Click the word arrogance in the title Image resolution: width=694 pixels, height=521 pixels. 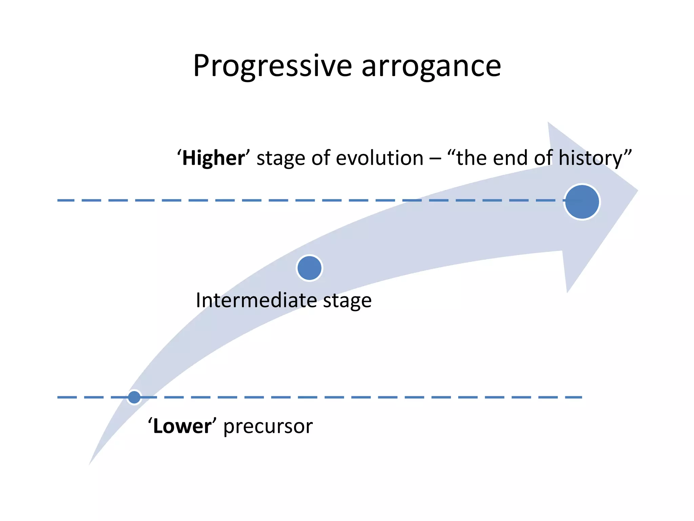coord(431,66)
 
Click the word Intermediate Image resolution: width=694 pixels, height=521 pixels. coord(256,301)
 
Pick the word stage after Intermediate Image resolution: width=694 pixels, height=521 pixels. coord(347,301)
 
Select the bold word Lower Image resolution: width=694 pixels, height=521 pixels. coord(182,426)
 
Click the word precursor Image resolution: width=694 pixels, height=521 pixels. coord(268,426)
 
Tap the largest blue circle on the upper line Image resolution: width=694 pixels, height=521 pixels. coord(582,202)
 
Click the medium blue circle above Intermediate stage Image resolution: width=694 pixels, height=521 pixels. coord(309,268)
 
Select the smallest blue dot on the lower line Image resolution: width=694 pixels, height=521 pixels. coord(134,397)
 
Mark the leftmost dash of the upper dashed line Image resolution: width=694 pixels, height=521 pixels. coord(66,200)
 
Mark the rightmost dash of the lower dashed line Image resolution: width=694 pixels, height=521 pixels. coord(573,397)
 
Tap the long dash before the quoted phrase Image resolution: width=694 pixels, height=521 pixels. coord(435,159)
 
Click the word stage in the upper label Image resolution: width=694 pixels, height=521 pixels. coord(281,159)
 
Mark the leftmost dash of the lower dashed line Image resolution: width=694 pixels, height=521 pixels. coord(67,397)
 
